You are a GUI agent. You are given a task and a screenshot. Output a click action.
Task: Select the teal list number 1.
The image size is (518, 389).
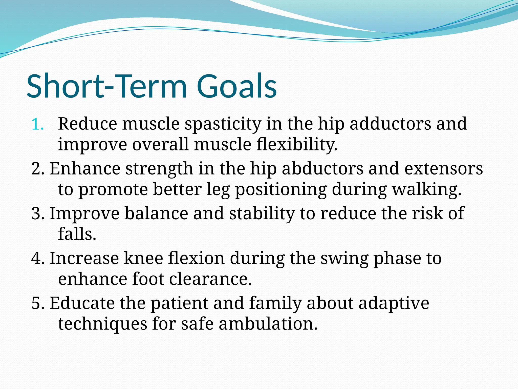click(37, 125)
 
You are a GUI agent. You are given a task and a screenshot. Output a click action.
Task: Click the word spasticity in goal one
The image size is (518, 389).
click(223, 125)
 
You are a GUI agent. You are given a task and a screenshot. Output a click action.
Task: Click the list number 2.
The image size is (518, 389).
click(37, 169)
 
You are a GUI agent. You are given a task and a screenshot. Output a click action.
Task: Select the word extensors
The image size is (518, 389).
click(444, 169)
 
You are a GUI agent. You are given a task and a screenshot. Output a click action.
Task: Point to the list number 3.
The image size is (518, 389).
click(37, 214)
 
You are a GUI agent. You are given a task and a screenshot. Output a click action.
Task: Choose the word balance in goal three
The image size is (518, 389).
click(156, 214)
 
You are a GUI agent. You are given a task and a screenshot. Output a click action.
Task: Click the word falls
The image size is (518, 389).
click(77, 234)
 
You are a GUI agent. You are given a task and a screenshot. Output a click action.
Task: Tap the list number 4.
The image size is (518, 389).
click(37, 259)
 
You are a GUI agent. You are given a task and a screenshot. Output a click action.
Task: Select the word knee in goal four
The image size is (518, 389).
click(143, 259)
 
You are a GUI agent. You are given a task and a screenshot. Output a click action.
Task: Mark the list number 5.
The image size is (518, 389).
click(37, 303)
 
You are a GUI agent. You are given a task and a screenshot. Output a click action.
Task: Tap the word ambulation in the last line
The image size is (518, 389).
click(268, 324)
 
